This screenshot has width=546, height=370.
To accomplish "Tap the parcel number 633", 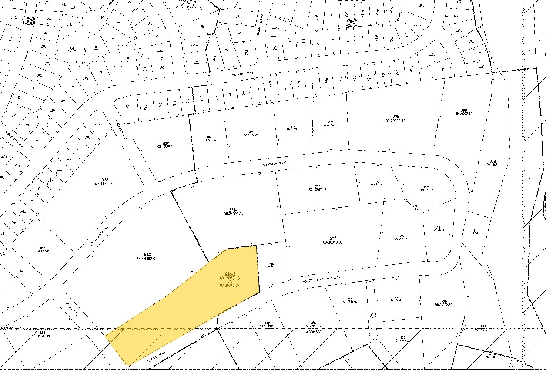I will pyautogui.click(x=166, y=143).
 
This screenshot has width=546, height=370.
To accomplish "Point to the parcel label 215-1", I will pyautogui.click(x=233, y=210).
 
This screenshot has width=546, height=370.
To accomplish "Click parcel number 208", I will pyautogui.click(x=395, y=117).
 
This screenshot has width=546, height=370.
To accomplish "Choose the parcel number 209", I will pyautogui.click(x=464, y=110).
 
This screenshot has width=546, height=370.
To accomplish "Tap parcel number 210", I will pyautogui.click(x=493, y=161).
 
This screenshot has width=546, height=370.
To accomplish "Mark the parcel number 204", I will pyautogui.click(x=209, y=136).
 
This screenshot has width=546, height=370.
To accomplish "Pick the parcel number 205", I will pyautogui.click(x=251, y=132).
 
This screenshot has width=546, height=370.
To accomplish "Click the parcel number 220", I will pyautogui.click(x=444, y=301).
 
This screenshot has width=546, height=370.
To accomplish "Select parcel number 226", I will pyautogui.click(x=313, y=323).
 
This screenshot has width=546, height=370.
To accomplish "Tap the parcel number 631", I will pyautogui.click(x=42, y=248).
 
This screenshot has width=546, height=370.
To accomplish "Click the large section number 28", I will pyautogui.click(x=30, y=21).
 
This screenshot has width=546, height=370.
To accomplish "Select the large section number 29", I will pyautogui.click(x=352, y=23).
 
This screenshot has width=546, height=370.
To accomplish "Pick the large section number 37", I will pyautogui.click(x=492, y=354).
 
